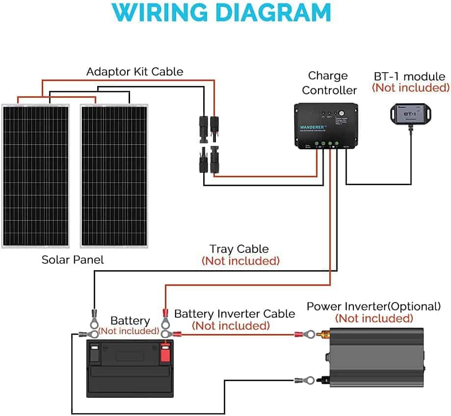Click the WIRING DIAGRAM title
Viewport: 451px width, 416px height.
(x=225, y=13)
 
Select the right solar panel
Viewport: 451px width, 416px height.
(x=114, y=175)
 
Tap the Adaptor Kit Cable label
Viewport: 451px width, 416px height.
(x=134, y=72)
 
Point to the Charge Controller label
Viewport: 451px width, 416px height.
(x=329, y=83)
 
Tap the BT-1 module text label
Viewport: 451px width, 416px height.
(x=410, y=77)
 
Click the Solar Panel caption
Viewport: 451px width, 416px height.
(x=73, y=260)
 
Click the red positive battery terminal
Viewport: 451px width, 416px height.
(x=165, y=352)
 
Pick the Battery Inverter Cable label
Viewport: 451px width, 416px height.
(x=235, y=313)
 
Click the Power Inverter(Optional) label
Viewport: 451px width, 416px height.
(x=373, y=306)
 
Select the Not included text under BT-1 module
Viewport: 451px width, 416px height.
(x=410, y=88)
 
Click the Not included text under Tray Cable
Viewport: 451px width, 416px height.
(x=240, y=261)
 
